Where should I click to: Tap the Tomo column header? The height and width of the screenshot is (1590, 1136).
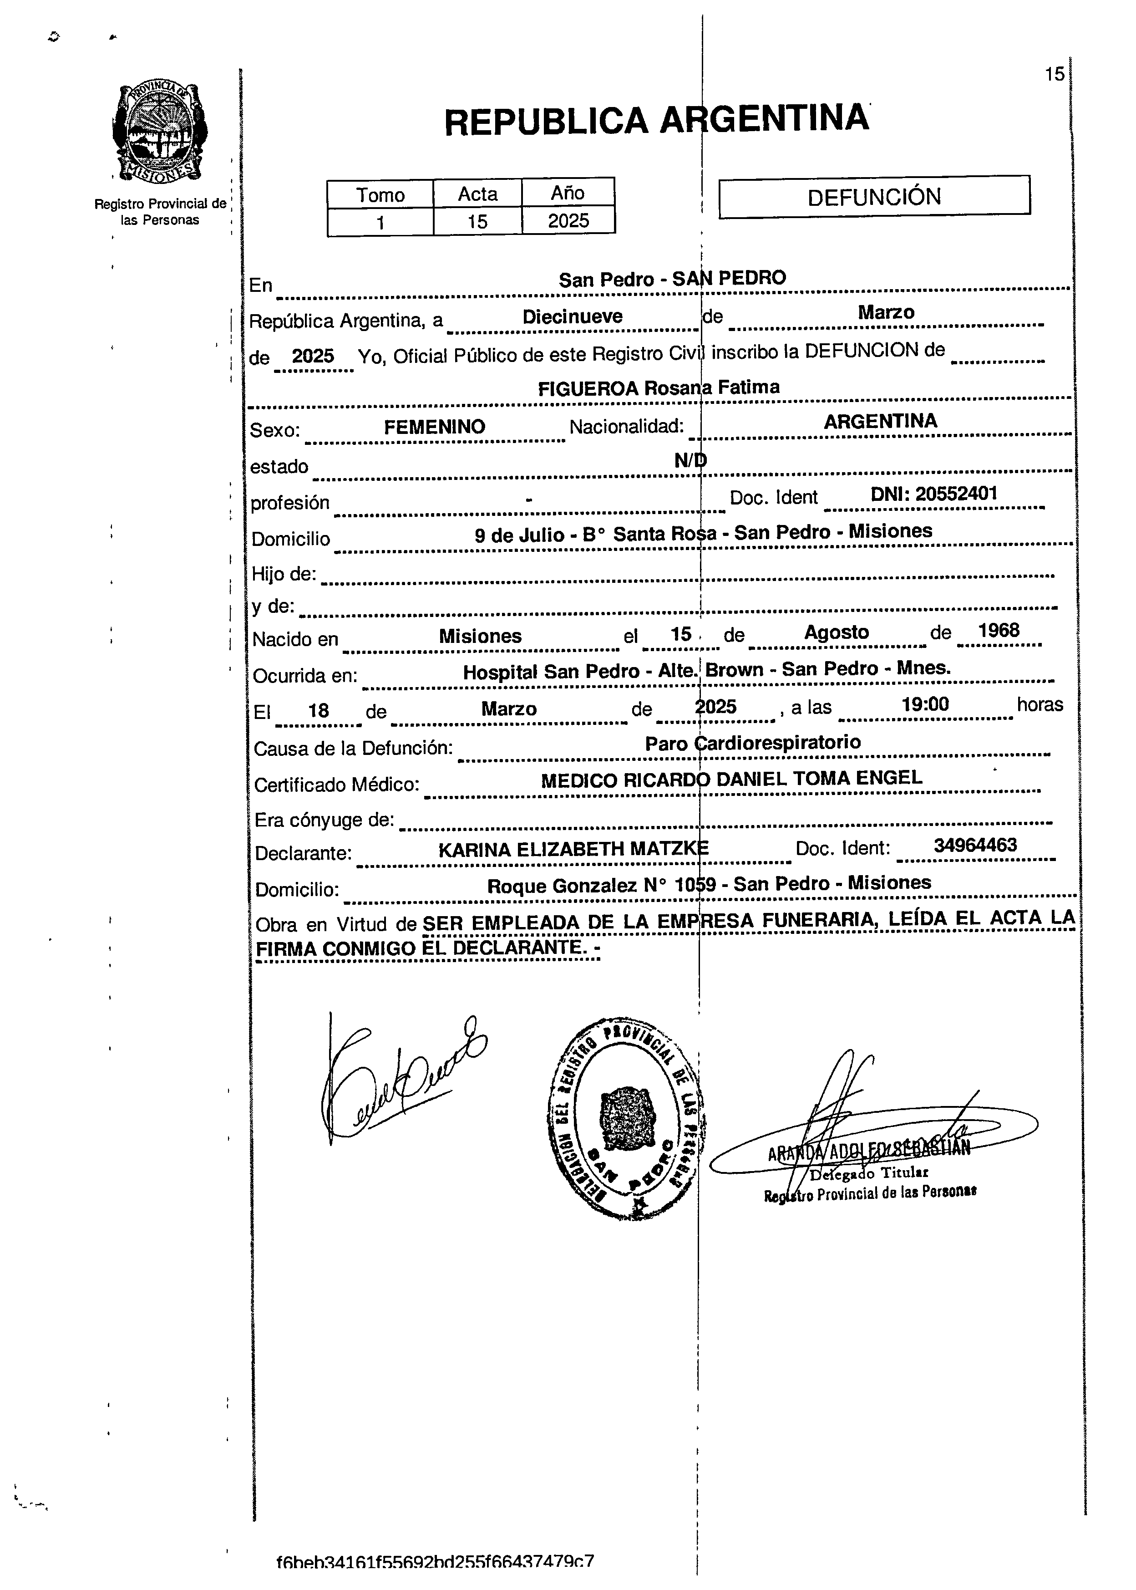pyautogui.click(x=380, y=194)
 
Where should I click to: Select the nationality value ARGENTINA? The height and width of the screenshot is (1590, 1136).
pyautogui.click(x=880, y=421)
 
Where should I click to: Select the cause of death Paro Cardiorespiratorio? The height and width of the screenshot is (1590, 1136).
pyautogui.click(x=753, y=743)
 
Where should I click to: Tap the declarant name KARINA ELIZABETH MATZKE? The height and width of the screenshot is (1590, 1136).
pyautogui.click(x=573, y=850)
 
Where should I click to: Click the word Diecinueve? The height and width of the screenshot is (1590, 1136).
pyautogui.click(x=572, y=317)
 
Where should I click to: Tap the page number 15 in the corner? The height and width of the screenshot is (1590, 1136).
pyautogui.click(x=1054, y=74)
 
